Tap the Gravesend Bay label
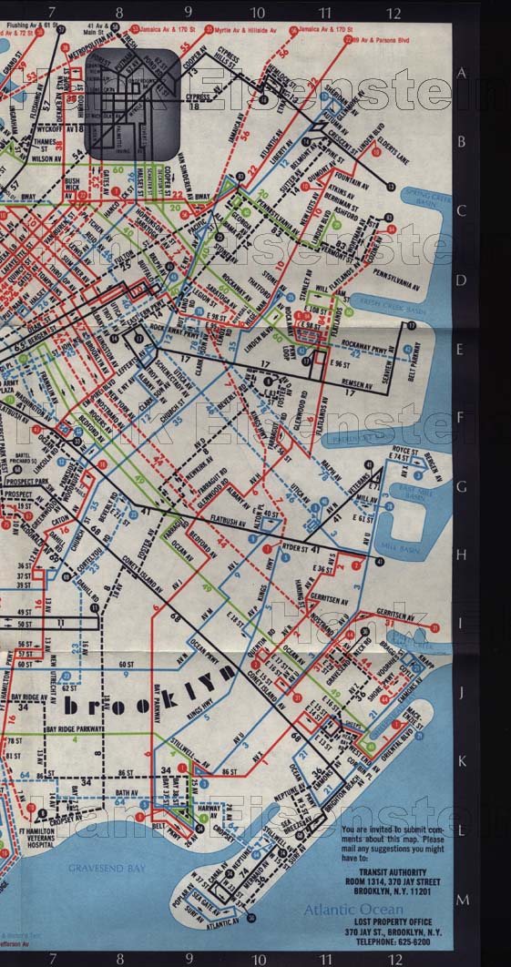click(x=107, y=869)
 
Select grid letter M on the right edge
click(x=462, y=900)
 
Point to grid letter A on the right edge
click(x=462, y=74)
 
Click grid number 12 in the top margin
click(x=393, y=13)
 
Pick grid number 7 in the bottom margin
click(x=52, y=958)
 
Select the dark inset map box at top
click(x=134, y=103)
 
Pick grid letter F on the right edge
click(x=462, y=418)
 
